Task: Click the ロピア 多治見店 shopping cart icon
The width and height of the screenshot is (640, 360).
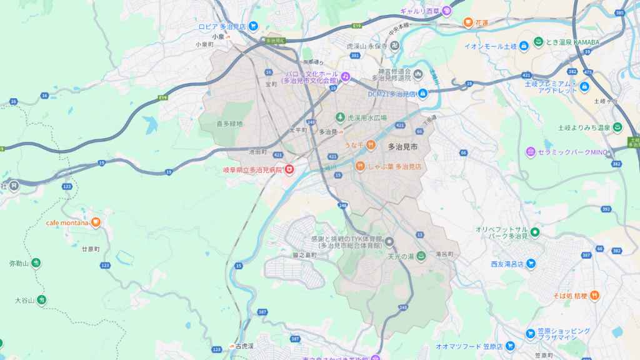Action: tap(253, 26)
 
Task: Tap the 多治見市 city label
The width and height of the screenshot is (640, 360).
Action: tap(402, 147)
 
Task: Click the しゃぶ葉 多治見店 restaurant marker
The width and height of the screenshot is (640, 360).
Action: tap(360, 166)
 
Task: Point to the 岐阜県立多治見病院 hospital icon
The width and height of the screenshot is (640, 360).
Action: tap(289, 169)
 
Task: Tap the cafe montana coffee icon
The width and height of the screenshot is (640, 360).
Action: tap(96, 222)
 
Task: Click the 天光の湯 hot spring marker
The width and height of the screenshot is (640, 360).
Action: tap(421, 256)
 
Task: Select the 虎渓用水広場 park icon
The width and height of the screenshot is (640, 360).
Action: tap(340, 117)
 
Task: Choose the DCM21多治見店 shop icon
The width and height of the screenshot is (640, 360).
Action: tap(422, 94)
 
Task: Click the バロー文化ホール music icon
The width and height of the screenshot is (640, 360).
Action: tap(345, 77)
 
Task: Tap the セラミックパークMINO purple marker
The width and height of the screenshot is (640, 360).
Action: tap(531, 152)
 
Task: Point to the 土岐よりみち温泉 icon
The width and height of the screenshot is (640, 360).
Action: tap(617, 127)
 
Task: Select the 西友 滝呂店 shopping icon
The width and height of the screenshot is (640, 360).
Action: tap(531, 263)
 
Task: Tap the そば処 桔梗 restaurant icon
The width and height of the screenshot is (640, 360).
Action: tap(594, 295)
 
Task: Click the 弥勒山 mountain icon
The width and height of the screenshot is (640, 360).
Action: tap(36, 263)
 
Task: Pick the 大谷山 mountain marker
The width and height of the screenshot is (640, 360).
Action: tap(41, 301)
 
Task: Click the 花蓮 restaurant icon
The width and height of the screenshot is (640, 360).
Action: tap(467, 22)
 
